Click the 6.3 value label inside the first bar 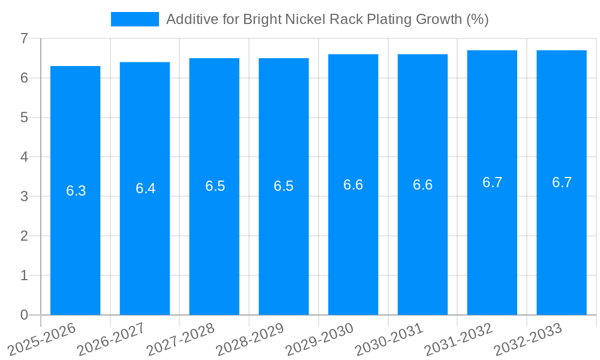76,191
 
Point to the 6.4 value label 145,188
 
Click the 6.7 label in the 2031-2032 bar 492,182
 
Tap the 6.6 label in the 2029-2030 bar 353,185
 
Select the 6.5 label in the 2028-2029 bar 283,186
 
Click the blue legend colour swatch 134,19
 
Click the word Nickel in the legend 306,19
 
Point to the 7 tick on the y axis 24,38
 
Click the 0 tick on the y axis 24,315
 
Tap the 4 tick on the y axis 24,157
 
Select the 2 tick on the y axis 24,236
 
